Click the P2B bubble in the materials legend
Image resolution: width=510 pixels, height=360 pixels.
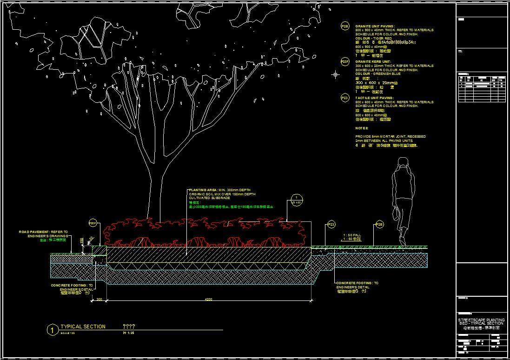pyautogui.click(x=345, y=27)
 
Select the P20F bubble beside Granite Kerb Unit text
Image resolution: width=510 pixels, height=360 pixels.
pyautogui.click(x=345, y=61)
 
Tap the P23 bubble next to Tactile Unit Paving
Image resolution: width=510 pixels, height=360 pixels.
pyautogui.click(x=345, y=98)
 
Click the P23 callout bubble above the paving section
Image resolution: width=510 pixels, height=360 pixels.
pyautogui.click(x=331, y=225)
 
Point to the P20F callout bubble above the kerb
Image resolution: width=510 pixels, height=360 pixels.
pyautogui.click(x=93, y=224)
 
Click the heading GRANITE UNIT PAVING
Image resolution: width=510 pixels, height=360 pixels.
pyautogui.click(x=375, y=27)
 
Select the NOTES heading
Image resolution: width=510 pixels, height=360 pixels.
pyautogui.click(x=362, y=128)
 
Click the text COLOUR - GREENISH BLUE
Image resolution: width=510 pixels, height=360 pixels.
pyautogui.click(x=378, y=73)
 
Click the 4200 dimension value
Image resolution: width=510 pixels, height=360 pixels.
pyautogui.click(x=209, y=299)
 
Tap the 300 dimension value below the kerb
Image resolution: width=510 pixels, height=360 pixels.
pyautogui.click(x=99, y=299)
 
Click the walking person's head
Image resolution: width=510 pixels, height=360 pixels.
pyautogui.click(x=403, y=162)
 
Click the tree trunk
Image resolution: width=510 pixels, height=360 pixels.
pyautogui.click(x=156, y=191)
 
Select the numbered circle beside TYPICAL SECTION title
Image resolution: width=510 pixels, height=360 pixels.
pyautogui.click(x=53, y=330)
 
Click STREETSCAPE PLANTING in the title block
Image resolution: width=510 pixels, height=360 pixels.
pyautogui.click(x=481, y=320)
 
